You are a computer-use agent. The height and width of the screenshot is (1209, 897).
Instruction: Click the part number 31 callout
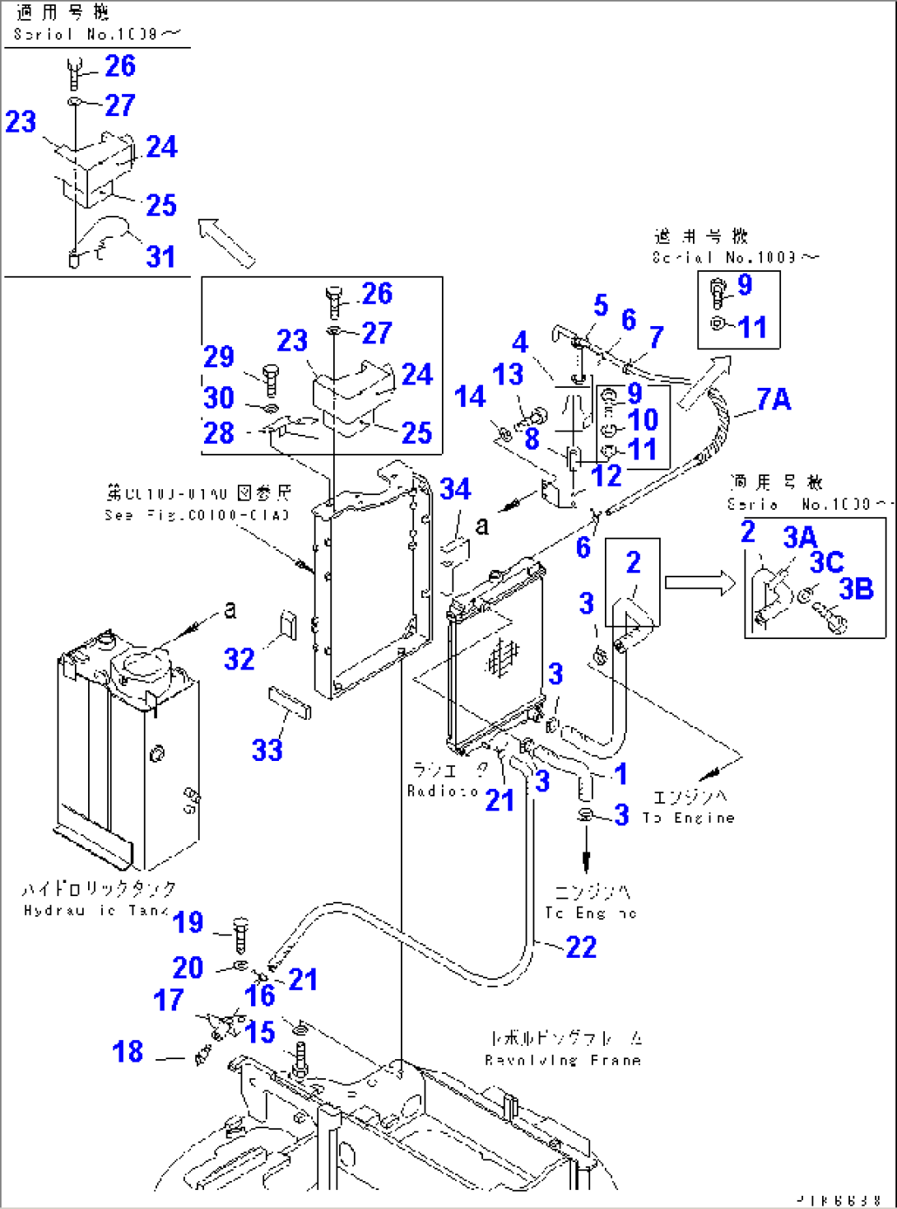[x=160, y=256]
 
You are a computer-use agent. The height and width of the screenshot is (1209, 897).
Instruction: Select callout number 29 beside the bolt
[x=219, y=357]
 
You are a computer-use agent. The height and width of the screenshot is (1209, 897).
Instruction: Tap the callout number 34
[x=455, y=489]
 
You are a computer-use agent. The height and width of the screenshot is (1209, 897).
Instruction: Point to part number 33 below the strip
[x=267, y=750]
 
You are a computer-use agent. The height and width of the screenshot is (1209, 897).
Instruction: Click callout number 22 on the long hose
[x=581, y=947]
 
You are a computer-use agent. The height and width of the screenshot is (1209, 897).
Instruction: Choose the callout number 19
[x=188, y=922]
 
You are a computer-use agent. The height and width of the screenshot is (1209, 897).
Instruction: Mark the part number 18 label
[x=128, y=1052]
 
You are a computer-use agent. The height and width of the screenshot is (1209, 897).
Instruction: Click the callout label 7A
[x=774, y=399]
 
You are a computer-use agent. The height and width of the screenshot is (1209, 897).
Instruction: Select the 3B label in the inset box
[x=856, y=589]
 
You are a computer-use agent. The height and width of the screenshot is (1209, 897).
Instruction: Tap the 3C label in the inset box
[x=826, y=562]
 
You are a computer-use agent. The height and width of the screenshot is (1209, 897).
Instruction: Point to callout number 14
[x=470, y=397]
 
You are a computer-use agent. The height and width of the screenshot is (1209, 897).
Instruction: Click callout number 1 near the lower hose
[x=621, y=773]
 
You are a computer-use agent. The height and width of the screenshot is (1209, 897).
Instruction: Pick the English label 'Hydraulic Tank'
[x=96, y=910]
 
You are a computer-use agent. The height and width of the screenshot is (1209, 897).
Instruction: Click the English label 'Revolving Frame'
[x=563, y=1060]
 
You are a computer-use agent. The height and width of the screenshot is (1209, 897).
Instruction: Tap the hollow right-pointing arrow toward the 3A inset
[x=699, y=583]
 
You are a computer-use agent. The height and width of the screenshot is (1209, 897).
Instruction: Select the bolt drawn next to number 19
[x=240, y=934]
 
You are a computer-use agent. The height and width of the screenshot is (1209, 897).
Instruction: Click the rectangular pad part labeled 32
[x=289, y=623]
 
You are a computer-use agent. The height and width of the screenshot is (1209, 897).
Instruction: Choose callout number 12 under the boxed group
[x=607, y=476]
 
